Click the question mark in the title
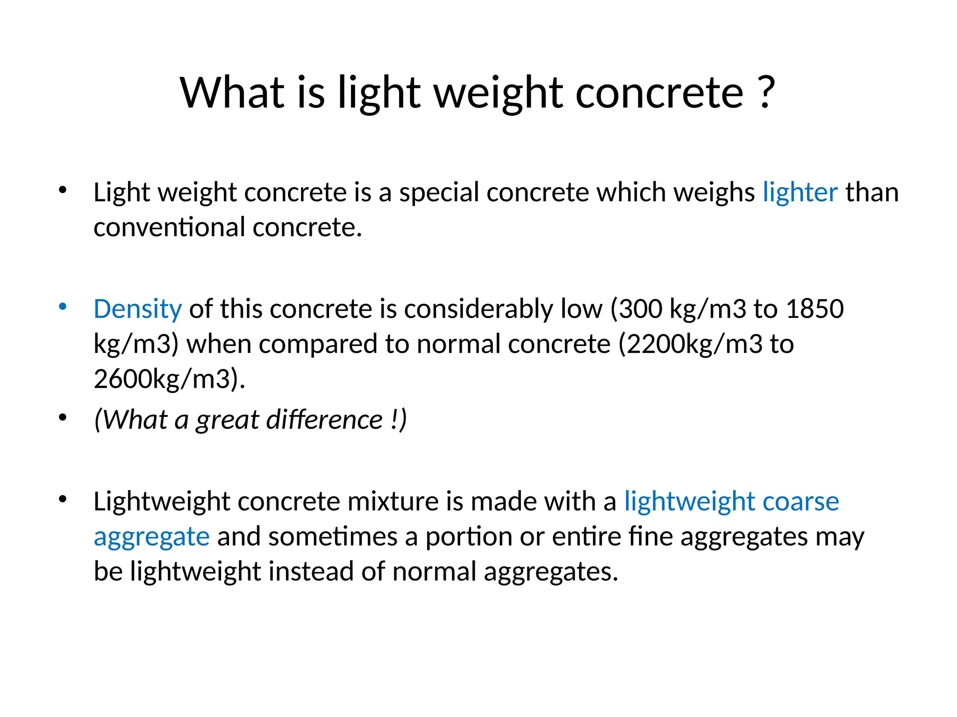765,92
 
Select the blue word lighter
800,192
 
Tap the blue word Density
137,309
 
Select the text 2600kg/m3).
169,379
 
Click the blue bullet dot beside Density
63,307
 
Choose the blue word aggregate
151,537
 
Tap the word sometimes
332,537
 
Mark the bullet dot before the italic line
63,417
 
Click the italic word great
227,420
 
